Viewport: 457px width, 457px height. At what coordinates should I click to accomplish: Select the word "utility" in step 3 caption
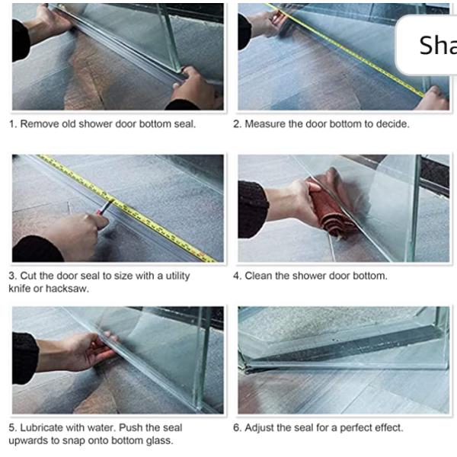177,276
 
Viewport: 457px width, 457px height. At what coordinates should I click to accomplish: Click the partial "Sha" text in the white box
438,45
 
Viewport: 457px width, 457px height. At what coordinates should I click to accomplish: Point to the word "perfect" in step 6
356,427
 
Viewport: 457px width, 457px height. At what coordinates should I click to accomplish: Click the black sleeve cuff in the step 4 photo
252,209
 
